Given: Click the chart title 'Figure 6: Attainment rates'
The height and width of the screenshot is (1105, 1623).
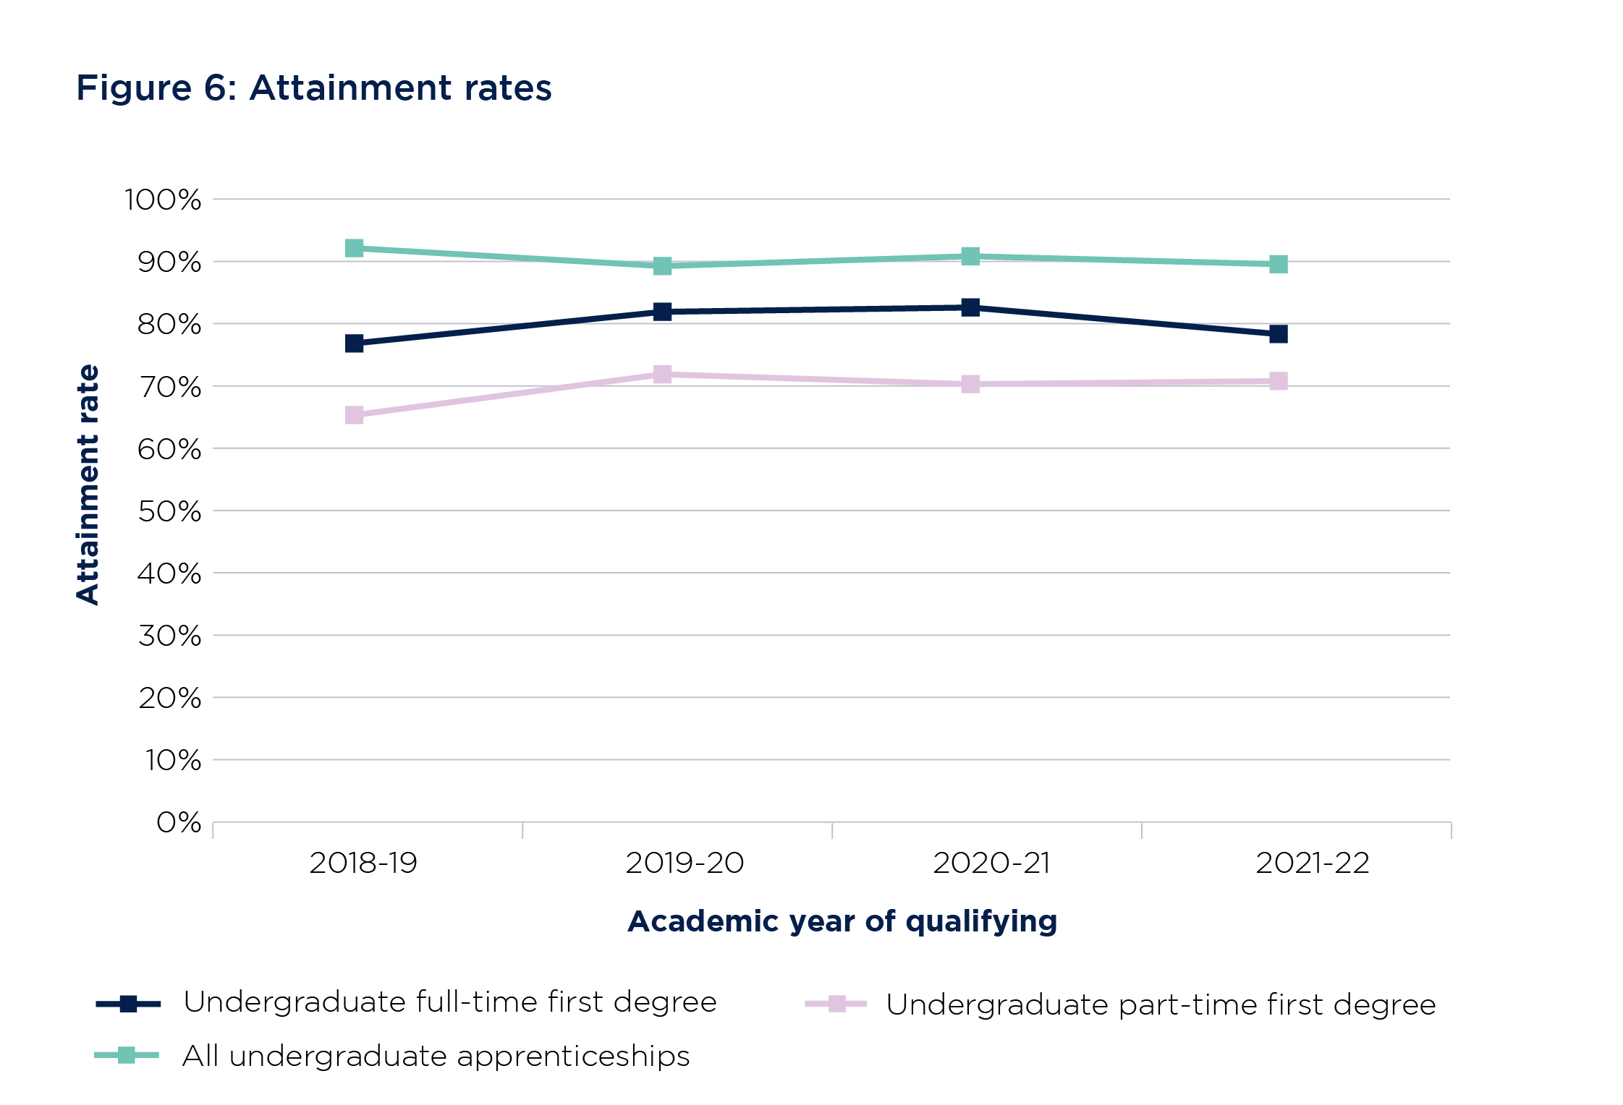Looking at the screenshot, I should click(x=313, y=88).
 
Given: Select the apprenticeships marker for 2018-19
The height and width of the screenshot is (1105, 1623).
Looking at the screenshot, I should click(x=354, y=248).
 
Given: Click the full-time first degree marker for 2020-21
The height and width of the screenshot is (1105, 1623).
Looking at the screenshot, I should click(x=970, y=307).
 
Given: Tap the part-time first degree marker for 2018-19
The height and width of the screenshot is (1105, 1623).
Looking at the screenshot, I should click(x=354, y=415).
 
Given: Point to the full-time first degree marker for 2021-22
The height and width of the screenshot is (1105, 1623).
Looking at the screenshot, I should click(x=1278, y=334).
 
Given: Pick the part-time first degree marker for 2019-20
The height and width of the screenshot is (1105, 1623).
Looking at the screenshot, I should click(x=662, y=375).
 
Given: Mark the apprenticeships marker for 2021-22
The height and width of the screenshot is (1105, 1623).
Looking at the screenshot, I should click(x=1278, y=264).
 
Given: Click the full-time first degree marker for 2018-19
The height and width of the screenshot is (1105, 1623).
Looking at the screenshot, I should click(x=354, y=343).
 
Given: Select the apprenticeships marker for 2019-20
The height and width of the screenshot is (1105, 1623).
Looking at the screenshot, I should click(x=662, y=266).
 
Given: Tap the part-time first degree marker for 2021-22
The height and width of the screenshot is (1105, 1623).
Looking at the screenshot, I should click(x=1278, y=381).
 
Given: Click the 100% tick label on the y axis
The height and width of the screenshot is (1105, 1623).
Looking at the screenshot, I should click(x=163, y=200).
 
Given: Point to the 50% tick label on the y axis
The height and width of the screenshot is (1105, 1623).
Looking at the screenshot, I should click(x=169, y=511).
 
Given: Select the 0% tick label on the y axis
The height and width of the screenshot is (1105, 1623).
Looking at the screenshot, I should click(x=179, y=822).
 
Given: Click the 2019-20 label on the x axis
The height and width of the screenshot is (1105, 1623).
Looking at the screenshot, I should click(x=685, y=863).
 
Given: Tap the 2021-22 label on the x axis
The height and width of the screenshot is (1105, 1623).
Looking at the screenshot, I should click(x=1312, y=863).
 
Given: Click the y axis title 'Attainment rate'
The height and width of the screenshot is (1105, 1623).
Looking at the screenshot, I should click(x=88, y=484).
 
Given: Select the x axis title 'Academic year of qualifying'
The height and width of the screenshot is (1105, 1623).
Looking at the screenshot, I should click(x=842, y=921).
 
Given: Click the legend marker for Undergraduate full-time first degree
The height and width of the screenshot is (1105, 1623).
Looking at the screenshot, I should click(x=128, y=1004).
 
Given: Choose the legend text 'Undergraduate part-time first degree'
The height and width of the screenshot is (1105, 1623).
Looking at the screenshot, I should click(x=1161, y=1004).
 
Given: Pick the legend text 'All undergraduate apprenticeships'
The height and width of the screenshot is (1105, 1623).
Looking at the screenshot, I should click(x=436, y=1056).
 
